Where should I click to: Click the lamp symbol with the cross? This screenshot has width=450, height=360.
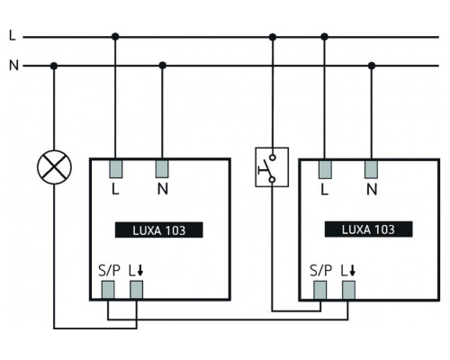coord(55,165)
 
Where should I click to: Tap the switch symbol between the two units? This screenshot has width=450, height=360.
coord(267,166)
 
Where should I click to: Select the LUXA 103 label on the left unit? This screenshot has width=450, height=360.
coord(159,229)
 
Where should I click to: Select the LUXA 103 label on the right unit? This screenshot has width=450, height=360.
coord(368,229)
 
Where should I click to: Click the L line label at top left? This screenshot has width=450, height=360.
coord(11,36)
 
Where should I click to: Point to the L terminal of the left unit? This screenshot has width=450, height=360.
coord(116,167)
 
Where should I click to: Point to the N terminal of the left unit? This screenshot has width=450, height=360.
coord(163,167)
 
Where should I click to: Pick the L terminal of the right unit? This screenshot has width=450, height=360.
coord(325,167)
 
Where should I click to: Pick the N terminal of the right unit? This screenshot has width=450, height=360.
coord(371,167)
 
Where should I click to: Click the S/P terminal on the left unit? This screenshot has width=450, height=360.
coord(108,289)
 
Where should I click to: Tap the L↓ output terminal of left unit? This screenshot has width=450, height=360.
coord(136,289)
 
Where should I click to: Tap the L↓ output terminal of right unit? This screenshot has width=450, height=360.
coord(348,289)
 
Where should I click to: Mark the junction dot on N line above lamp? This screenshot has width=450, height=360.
coord(55,66)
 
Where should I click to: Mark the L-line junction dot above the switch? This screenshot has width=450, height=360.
coord(272,37)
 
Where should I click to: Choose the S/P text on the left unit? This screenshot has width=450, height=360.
coord(107,269)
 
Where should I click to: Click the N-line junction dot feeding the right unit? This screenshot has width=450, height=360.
coord(371,66)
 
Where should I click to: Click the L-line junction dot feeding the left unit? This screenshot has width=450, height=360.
coord(116,37)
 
